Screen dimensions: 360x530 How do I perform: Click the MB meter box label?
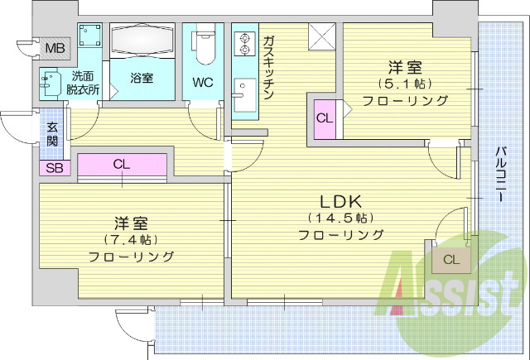pos(55,47)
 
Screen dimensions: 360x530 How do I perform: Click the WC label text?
pos(203,83)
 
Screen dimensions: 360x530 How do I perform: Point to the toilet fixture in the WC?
pos(204,47)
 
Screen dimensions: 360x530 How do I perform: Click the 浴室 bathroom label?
pos(142,79)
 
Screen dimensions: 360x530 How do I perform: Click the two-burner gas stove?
pos(245,43)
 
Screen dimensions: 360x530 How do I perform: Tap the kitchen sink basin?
pos(245,100)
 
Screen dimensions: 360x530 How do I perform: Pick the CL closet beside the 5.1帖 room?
pos(324,118)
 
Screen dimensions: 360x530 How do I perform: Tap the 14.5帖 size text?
pos(340,218)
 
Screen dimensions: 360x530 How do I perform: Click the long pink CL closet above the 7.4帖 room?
pos(122,164)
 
